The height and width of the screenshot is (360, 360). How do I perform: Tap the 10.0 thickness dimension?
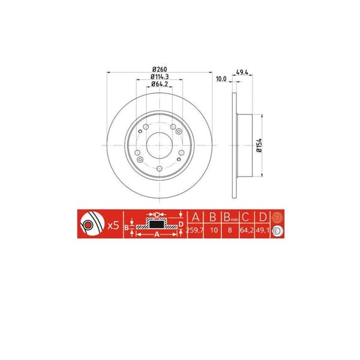222,79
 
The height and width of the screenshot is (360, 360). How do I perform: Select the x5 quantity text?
112,226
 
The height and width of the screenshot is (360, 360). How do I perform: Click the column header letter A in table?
195,217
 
